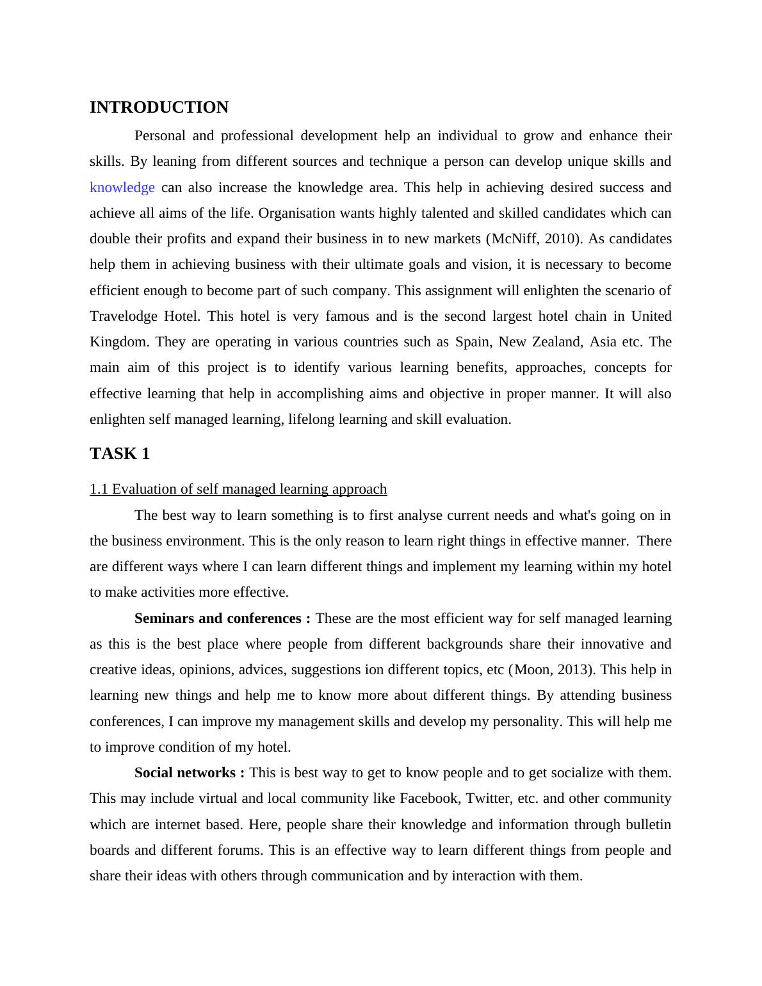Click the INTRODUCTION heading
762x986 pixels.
[x=159, y=108]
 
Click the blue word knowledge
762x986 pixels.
[x=122, y=188]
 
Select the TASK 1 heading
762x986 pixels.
[x=120, y=454]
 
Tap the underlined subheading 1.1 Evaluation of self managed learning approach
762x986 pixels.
[x=238, y=489]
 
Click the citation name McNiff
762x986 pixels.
[x=514, y=239]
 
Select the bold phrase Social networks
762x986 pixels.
[x=185, y=773]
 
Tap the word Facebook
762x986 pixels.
[x=429, y=798]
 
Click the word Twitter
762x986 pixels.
[x=489, y=798]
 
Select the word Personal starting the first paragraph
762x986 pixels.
[x=160, y=136]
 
